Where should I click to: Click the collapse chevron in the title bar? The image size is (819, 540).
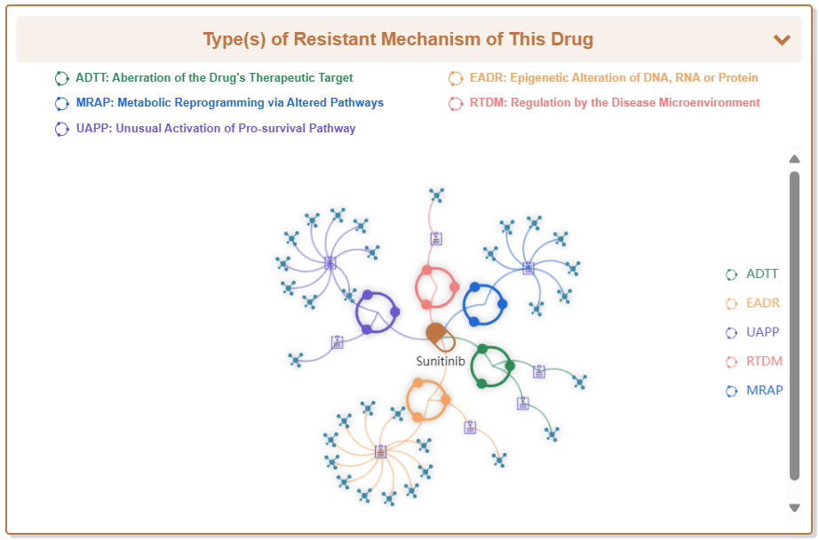click(782, 40)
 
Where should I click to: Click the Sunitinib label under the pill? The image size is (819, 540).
click(441, 361)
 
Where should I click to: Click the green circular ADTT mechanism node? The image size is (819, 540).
click(491, 365)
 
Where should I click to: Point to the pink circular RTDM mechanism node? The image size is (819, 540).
click(436, 287)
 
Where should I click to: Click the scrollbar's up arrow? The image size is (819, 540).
click(794, 159)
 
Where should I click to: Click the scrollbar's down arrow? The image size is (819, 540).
click(794, 507)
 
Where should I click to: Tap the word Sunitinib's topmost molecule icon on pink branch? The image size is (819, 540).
click(436, 195)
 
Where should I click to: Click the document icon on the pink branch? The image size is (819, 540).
click(436, 239)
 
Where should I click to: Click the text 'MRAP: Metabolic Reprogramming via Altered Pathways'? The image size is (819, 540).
click(229, 103)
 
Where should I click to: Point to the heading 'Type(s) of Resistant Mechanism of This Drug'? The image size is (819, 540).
click(398, 40)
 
